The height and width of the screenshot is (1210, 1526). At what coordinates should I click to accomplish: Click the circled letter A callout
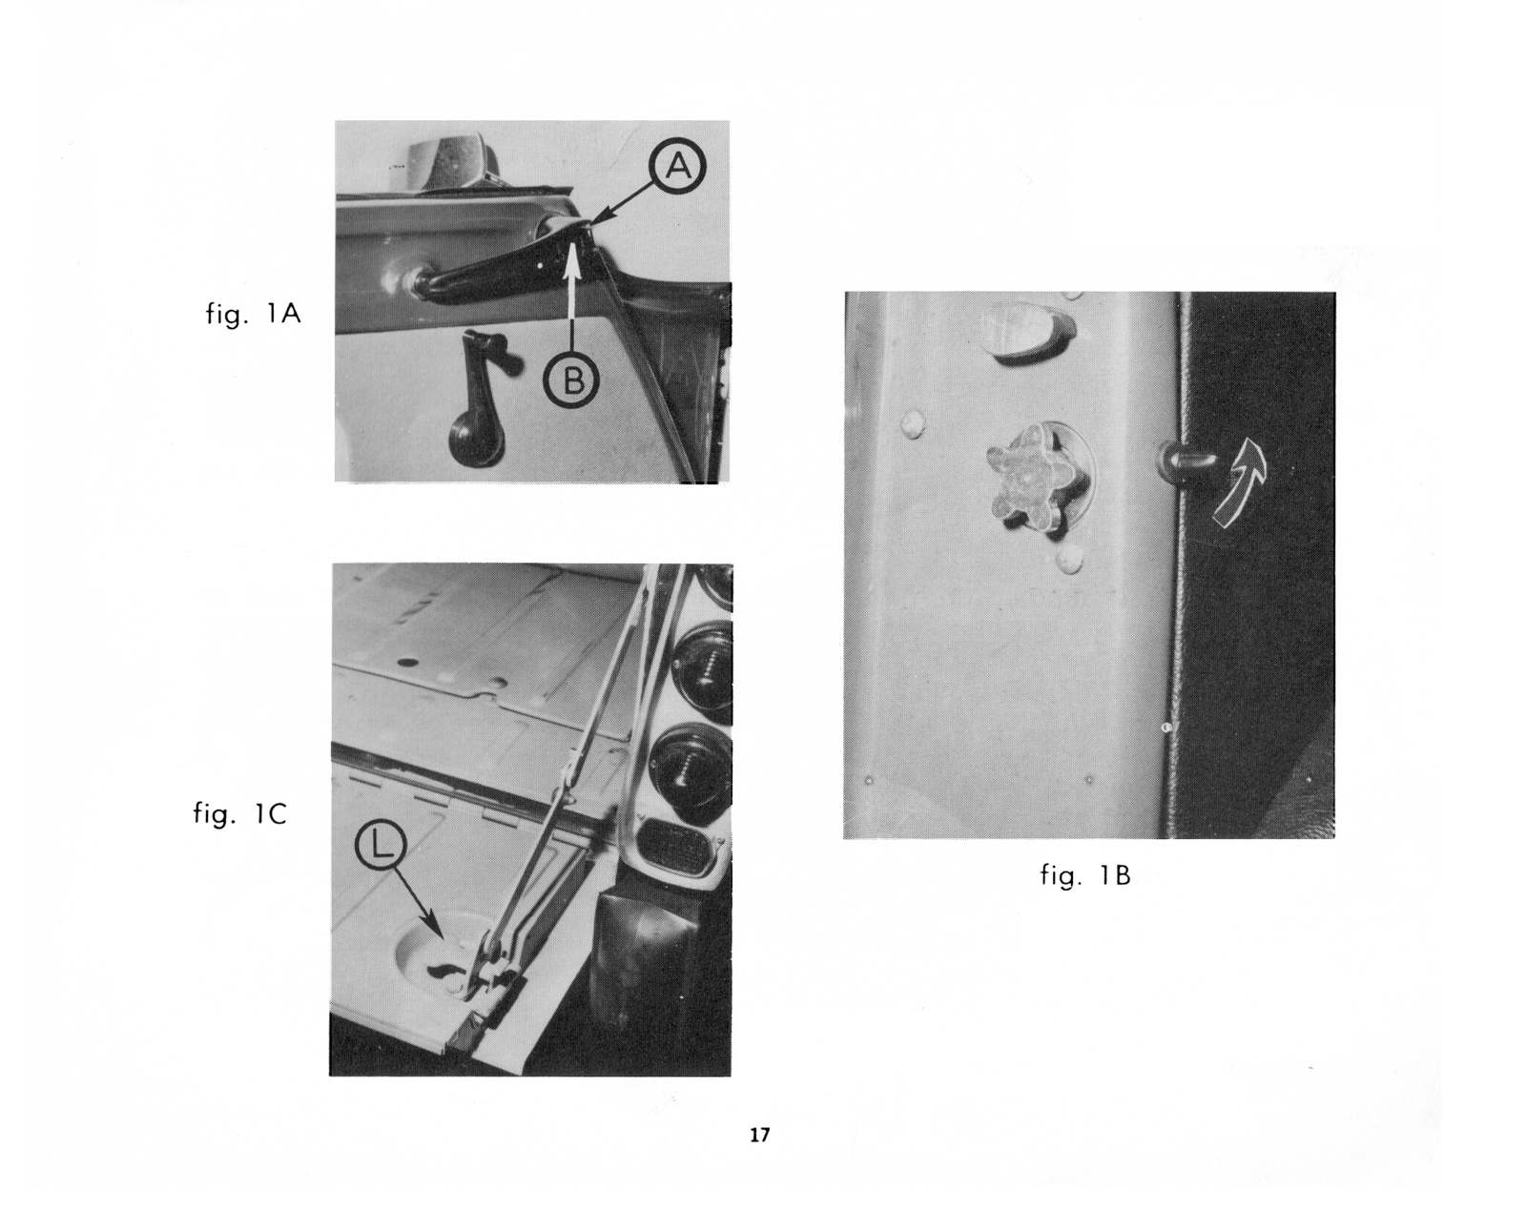pos(678,166)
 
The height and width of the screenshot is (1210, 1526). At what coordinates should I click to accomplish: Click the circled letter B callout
pos(571,380)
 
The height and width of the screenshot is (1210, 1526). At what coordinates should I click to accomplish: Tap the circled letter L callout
pos(381,850)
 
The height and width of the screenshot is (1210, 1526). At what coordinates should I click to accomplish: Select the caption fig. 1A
pos(253,313)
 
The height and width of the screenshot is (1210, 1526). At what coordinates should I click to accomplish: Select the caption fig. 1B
pos(1085,875)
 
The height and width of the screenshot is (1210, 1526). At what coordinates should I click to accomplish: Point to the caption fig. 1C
pos(239,813)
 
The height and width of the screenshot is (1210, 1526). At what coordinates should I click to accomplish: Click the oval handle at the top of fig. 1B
pos(1027,331)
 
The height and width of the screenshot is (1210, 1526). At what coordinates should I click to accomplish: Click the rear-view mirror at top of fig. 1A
pos(451,161)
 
